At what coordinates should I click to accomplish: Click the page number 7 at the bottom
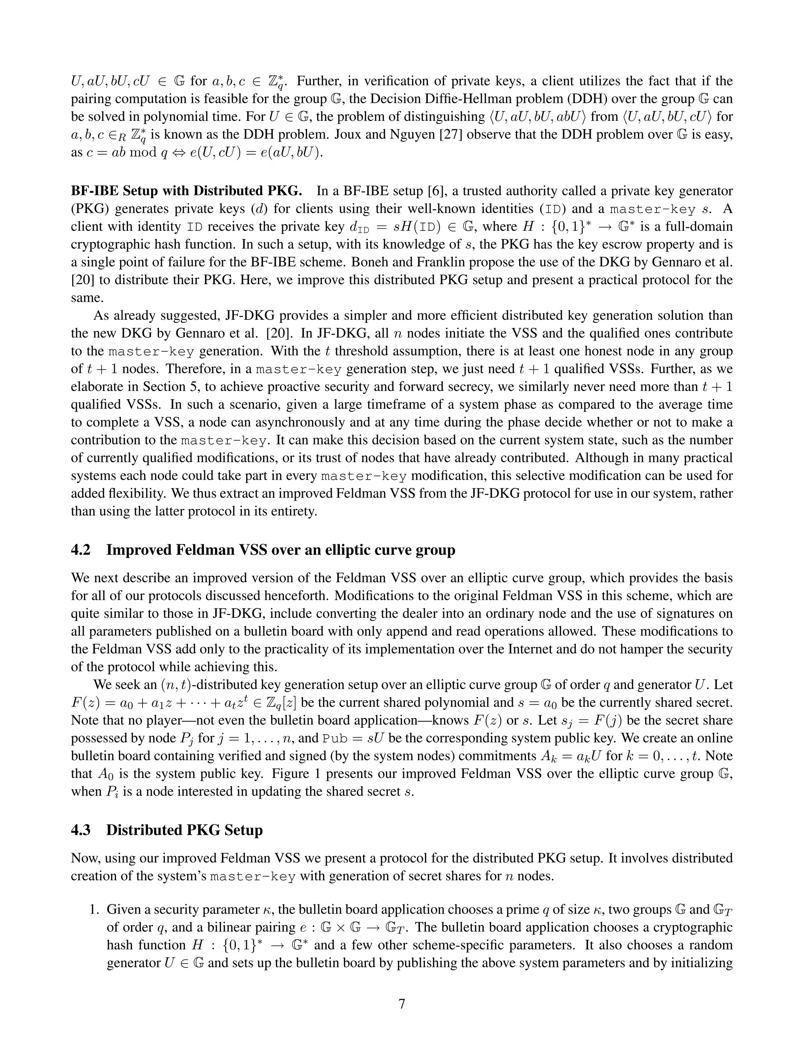point(402,1004)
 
